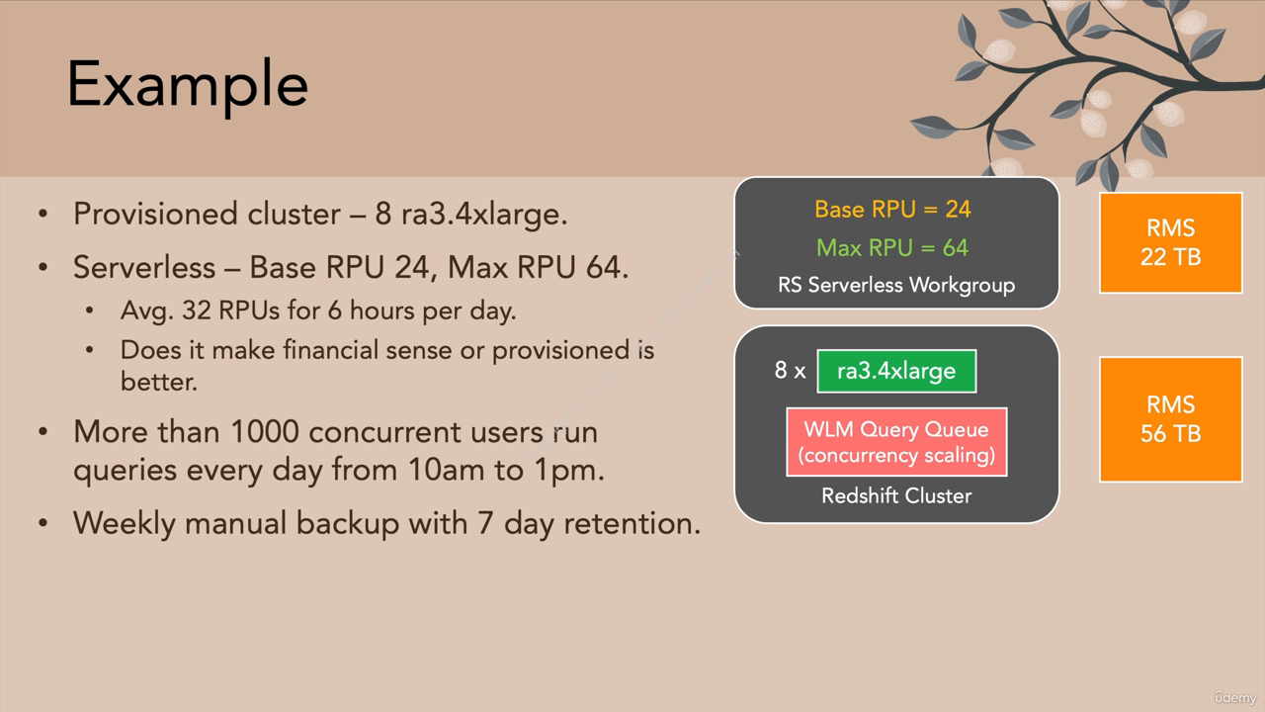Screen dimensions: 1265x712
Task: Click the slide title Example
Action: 188,86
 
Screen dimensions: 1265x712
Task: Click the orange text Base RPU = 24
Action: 892,210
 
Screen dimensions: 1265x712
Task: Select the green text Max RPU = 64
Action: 892,248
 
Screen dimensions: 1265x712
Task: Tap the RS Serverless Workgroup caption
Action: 896,286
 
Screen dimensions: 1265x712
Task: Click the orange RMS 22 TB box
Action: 1171,243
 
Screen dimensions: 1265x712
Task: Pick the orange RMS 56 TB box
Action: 1171,419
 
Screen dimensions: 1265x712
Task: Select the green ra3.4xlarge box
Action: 896,371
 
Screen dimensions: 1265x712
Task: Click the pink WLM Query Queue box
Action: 896,442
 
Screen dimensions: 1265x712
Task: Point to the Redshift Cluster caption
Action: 896,496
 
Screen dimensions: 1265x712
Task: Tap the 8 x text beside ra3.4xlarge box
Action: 790,371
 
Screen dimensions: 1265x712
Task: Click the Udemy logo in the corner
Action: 1235,698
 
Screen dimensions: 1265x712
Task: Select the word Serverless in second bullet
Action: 144,267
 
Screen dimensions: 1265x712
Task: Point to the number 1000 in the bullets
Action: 264,432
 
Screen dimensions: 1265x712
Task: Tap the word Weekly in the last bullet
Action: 125,524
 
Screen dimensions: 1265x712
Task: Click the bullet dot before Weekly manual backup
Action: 43,523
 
